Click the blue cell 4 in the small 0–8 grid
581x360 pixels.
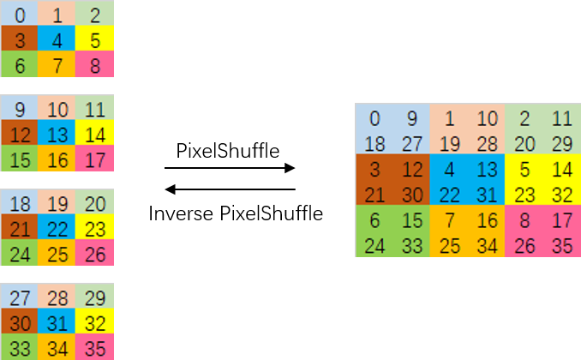point(57,39)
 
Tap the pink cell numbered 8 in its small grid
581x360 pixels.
point(94,64)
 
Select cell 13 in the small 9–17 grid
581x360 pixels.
point(57,134)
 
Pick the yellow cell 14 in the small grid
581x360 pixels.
point(94,134)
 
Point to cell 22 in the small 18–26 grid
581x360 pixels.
point(57,228)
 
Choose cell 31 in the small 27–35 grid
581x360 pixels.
point(57,322)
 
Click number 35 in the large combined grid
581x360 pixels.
point(562,246)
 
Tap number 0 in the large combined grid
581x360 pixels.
point(374,119)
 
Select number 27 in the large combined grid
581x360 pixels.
point(411,143)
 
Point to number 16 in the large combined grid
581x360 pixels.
point(487,221)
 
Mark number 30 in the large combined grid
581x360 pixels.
point(411,195)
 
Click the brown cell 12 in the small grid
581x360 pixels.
point(20,134)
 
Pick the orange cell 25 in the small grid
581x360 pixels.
point(57,253)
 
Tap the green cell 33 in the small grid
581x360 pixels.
point(20,347)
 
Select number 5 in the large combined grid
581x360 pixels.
point(525,170)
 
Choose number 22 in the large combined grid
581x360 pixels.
point(450,195)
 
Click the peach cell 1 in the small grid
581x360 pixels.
point(57,15)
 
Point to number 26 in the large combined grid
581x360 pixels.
point(525,246)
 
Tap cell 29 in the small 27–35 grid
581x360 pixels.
point(94,297)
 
